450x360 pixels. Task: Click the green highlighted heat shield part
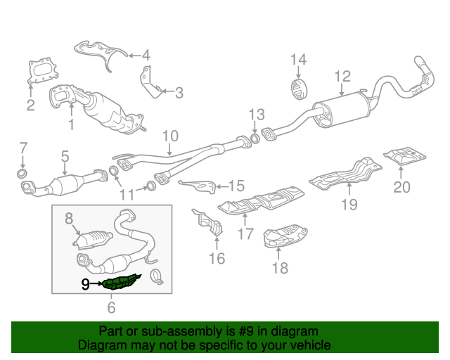click(x=122, y=282)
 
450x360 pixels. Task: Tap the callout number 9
click(x=86, y=284)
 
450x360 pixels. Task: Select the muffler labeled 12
click(x=342, y=110)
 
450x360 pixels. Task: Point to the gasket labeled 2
click(x=43, y=71)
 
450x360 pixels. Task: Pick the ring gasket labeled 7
click(x=22, y=174)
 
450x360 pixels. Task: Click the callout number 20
click(x=401, y=187)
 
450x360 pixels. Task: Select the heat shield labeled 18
click(x=285, y=236)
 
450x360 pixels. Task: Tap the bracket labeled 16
click(x=208, y=222)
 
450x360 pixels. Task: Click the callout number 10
click(x=170, y=136)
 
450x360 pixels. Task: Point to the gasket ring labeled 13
click(x=255, y=139)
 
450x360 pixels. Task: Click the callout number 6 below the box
click(x=111, y=307)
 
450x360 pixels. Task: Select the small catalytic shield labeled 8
click(x=92, y=239)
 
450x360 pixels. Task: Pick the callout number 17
click(x=245, y=233)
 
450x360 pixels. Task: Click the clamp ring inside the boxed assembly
click(x=157, y=276)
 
